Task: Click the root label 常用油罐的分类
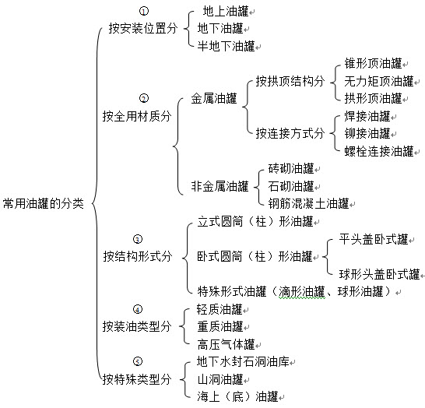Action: pos(44,203)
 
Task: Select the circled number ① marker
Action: pos(144,11)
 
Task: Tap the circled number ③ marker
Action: pos(138,239)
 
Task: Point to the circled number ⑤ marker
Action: pos(138,361)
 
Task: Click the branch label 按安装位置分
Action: pos(143,28)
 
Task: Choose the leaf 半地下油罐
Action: pos(226,46)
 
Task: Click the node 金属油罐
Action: pos(214,98)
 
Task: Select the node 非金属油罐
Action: pos(220,186)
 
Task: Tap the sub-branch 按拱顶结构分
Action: pos(290,81)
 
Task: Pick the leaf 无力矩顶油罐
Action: pos(379,81)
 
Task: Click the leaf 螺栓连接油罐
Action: pos(379,151)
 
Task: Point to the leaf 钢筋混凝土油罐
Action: pos(308,203)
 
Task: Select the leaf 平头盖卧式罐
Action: pos(374,239)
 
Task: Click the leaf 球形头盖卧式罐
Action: pos(380,274)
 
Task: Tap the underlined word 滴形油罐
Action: pos(302,292)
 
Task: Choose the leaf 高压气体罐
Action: pos(226,344)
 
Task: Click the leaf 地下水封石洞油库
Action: pos(243,361)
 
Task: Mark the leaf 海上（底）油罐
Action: pos(237,396)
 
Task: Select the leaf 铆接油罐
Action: pos(367,133)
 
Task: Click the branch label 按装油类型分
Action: pos(137,326)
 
